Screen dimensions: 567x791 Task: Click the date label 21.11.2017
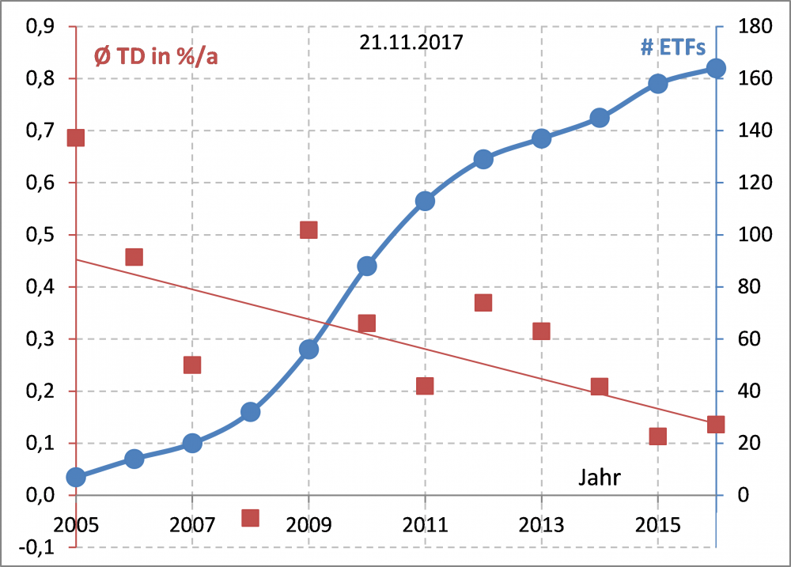click(411, 43)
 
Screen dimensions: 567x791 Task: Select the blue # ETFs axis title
click(672, 47)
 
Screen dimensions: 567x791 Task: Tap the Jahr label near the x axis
click(599, 477)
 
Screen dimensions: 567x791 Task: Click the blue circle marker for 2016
click(716, 68)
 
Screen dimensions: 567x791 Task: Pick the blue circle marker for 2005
click(76, 477)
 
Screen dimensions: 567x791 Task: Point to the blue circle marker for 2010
click(367, 266)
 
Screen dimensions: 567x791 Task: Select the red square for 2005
click(76, 138)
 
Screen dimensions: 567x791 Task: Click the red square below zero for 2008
click(250, 518)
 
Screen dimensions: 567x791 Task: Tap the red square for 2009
click(308, 230)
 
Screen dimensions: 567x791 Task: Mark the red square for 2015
click(658, 437)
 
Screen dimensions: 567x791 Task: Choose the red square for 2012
click(483, 303)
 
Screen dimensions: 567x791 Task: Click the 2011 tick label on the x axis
click(425, 526)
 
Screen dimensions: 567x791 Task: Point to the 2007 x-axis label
click(192, 526)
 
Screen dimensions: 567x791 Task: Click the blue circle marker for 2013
click(541, 139)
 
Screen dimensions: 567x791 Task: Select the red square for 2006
click(134, 257)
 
